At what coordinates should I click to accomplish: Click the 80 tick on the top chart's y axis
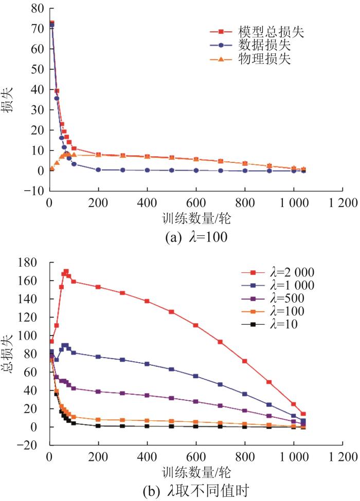click(x=36, y=8)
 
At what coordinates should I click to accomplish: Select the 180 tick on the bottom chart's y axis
click(x=32, y=263)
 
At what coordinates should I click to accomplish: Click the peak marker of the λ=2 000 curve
click(x=66, y=271)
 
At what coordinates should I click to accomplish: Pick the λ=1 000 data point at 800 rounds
click(x=245, y=394)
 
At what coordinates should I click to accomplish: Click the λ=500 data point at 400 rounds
click(x=147, y=395)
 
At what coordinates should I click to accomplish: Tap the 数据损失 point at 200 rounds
click(x=98, y=170)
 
